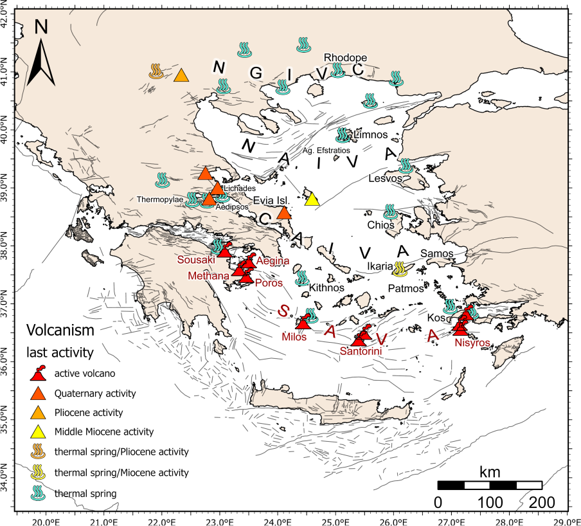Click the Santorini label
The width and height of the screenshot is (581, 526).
click(x=361, y=351)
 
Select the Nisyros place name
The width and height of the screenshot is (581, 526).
click(x=472, y=343)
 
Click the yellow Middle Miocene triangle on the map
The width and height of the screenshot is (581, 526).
click(x=312, y=199)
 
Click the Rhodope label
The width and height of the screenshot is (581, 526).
click(x=345, y=57)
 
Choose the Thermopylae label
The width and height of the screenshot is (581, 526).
click(x=160, y=199)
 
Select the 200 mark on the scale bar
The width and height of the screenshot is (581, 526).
click(x=542, y=502)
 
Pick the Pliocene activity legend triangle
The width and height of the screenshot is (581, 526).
click(x=39, y=412)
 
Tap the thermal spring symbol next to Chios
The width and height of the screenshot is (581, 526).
click(x=389, y=212)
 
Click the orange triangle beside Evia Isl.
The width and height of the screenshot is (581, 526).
click(x=284, y=212)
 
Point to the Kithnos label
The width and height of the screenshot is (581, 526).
click(x=323, y=289)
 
